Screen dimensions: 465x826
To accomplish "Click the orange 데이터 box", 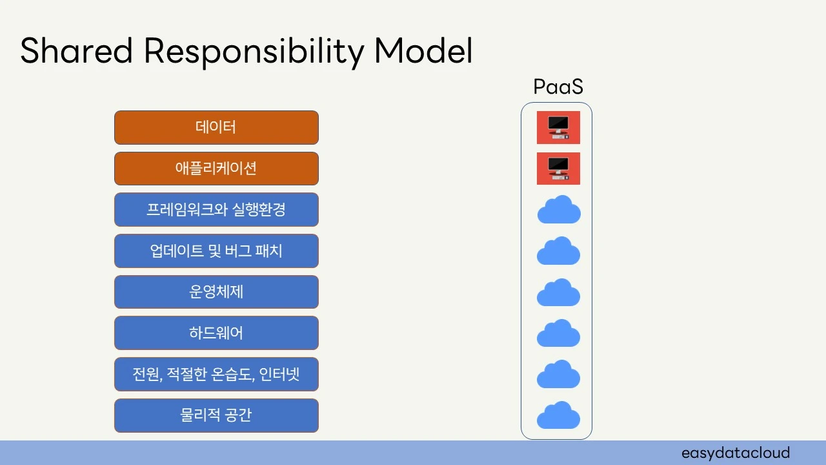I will coord(216,127).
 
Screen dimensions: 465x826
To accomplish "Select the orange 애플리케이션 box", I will coord(216,169).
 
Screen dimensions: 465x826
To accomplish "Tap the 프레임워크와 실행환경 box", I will coord(216,210).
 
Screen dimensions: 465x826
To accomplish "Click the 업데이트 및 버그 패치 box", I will coord(216,251).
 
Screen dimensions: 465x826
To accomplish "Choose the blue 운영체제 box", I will coord(216,292).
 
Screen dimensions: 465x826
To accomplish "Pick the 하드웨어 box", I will coord(216,333).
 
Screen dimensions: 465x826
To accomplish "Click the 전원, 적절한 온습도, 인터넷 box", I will coord(216,375).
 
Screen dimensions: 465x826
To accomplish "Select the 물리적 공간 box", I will coord(216,415).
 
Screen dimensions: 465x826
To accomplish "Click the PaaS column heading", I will coord(558,87).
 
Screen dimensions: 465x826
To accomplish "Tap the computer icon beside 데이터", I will coord(558,127).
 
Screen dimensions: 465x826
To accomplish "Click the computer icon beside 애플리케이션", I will coord(558,169).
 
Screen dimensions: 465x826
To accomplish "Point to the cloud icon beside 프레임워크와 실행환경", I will coord(559,211).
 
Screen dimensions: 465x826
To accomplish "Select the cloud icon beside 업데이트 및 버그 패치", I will coord(559,251).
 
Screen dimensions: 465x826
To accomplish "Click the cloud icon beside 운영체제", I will coord(559,293).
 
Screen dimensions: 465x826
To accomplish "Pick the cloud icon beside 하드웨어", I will coord(559,334).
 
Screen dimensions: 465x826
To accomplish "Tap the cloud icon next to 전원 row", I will coord(559,375).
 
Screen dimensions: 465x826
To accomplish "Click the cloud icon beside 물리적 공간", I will coord(559,416).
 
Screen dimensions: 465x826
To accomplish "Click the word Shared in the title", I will coord(77,51).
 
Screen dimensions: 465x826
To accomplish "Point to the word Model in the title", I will coord(423,51).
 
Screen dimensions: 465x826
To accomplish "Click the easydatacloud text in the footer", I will coord(736,453).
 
